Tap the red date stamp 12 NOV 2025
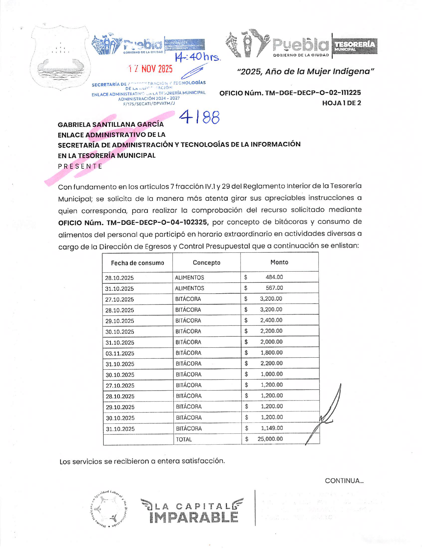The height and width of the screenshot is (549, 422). tap(151, 69)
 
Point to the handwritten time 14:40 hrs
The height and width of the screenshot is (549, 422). tap(198, 57)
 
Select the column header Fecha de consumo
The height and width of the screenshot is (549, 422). tap(137, 263)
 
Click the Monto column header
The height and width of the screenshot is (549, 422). tap(279, 262)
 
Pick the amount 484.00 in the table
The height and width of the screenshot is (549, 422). tap(274, 277)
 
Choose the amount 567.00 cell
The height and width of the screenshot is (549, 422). tap(274, 288)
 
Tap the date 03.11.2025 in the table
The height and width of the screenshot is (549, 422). tap(120, 353)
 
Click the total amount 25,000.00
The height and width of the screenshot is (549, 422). tap(270, 439)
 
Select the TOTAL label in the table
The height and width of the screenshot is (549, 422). tap(184, 439)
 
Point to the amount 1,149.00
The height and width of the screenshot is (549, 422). tap(272, 428)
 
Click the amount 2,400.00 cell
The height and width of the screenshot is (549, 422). tap(271, 320)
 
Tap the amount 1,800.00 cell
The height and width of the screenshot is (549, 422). tap(271, 353)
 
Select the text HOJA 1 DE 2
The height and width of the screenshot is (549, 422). tap(341, 103)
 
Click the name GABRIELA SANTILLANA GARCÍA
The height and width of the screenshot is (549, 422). tap(110, 125)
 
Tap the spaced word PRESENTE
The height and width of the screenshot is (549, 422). tap(80, 166)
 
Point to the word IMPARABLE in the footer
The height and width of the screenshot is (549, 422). tap(194, 517)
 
